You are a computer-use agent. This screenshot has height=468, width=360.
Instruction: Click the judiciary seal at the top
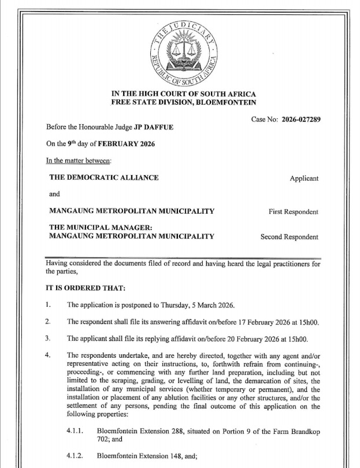tap(183, 52)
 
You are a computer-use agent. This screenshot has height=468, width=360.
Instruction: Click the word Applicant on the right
tap(303, 179)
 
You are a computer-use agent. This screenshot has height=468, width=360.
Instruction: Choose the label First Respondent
tap(293, 212)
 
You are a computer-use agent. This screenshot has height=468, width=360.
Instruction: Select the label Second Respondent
tap(289, 237)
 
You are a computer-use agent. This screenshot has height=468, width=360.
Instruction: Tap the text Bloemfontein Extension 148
tap(143, 456)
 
